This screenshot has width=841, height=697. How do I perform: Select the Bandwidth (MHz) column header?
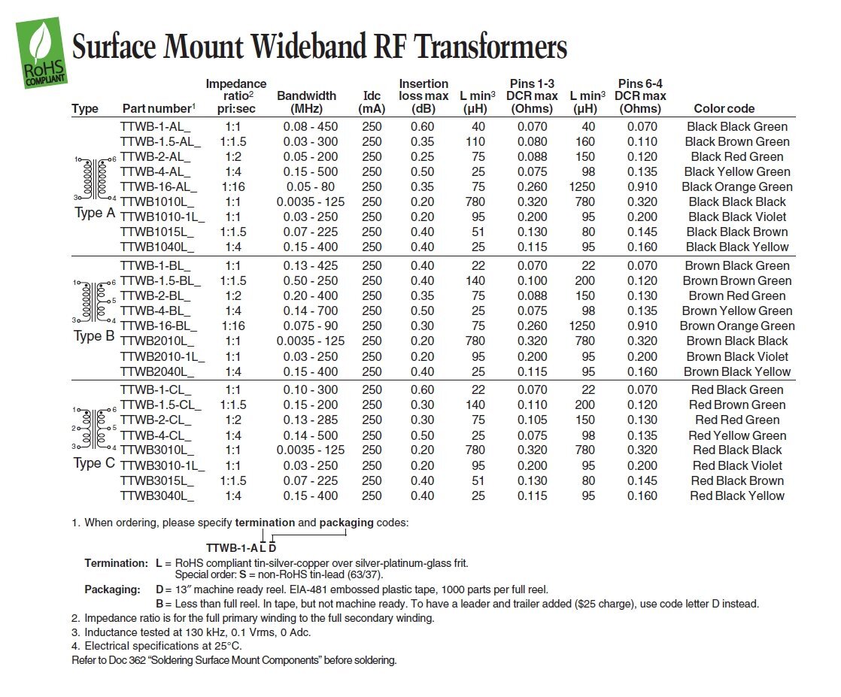click(306, 102)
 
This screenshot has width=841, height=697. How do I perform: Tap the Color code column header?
click(724, 109)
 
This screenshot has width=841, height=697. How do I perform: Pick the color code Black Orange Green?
click(737, 186)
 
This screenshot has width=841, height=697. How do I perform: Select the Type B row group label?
click(95, 336)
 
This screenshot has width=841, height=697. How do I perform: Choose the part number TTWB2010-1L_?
click(162, 356)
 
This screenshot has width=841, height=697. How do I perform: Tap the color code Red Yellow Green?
click(737, 435)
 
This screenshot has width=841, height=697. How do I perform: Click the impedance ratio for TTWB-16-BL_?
click(233, 326)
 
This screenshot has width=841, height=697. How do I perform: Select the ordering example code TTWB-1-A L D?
click(241, 547)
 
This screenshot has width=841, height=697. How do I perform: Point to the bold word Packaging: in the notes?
click(112, 589)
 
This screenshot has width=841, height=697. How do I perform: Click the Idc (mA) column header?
click(372, 102)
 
